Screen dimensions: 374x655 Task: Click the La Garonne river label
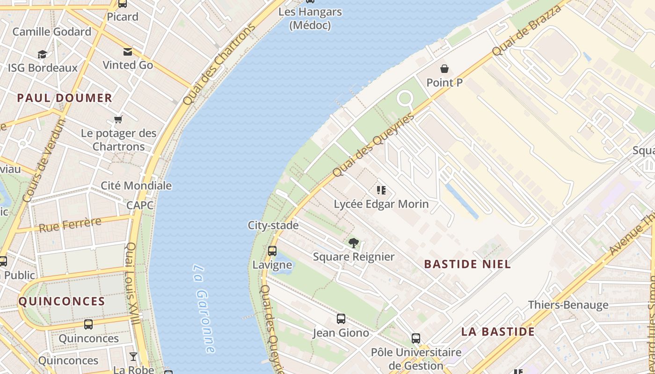click(204, 309)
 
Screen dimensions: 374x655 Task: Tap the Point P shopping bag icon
click(444, 69)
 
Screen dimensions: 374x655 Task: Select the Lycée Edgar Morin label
click(381, 204)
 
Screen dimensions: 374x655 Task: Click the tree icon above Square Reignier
click(354, 243)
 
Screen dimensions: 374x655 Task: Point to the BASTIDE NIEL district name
click(467, 264)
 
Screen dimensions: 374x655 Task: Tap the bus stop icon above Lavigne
click(272, 251)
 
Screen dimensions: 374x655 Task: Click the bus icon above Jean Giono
click(341, 319)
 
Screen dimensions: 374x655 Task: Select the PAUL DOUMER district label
click(65, 98)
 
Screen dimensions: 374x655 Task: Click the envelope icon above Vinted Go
click(128, 51)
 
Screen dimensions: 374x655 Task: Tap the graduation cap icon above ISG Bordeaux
click(43, 54)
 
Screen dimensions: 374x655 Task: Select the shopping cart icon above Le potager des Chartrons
click(118, 120)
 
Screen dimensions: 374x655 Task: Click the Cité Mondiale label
click(136, 186)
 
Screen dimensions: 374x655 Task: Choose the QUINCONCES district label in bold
click(62, 302)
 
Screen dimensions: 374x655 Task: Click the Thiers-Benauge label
click(568, 305)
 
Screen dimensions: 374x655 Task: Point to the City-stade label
click(273, 225)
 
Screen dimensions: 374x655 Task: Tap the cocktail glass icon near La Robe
click(133, 357)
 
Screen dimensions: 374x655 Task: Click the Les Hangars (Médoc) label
click(310, 18)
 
